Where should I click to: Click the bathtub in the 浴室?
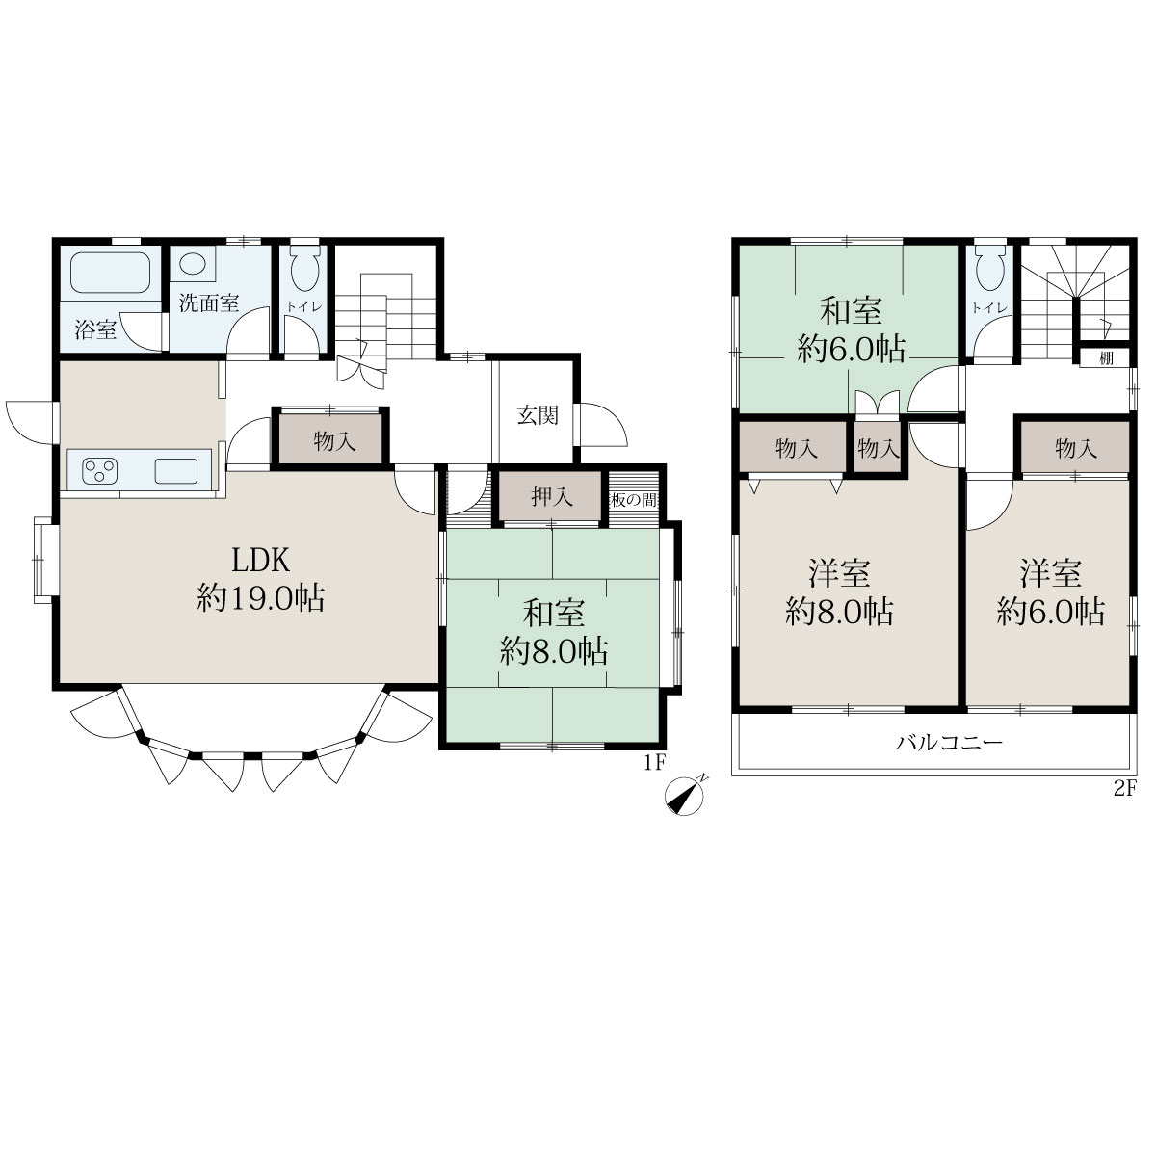click(x=110, y=273)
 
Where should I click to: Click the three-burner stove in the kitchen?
click(x=99, y=470)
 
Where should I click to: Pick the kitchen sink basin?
click(x=175, y=471)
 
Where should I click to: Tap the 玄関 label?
click(x=539, y=415)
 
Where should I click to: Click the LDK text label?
click(x=261, y=561)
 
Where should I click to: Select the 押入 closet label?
click(x=552, y=498)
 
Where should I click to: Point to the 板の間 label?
click(x=634, y=500)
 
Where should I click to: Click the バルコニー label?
click(x=950, y=744)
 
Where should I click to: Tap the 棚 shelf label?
click(x=1107, y=358)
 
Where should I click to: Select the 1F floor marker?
click(x=655, y=762)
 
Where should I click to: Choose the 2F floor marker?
click(x=1125, y=789)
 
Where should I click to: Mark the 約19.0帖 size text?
click(x=261, y=598)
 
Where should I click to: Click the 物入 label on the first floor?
click(x=334, y=442)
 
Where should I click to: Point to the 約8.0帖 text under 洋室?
click(x=839, y=612)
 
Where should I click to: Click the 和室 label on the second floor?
click(x=850, y=312)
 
